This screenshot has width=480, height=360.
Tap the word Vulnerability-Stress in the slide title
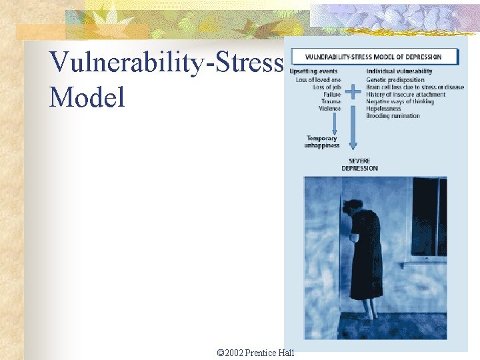point(167,63)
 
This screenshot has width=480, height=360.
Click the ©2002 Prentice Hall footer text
point(256,353)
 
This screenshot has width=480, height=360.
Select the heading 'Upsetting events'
point(318,71)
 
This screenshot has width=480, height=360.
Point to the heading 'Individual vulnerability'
point(399,71)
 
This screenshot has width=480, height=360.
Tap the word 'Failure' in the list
point(331,95)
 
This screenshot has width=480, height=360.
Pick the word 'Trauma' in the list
point(331,101)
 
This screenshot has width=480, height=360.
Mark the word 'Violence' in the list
point(329,109)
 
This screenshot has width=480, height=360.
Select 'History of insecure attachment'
point(406,95)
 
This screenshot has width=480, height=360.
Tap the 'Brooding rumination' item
point(393,116)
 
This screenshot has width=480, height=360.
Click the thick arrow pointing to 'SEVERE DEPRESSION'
point(353,130)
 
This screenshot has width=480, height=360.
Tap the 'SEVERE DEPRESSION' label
point(359,165)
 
